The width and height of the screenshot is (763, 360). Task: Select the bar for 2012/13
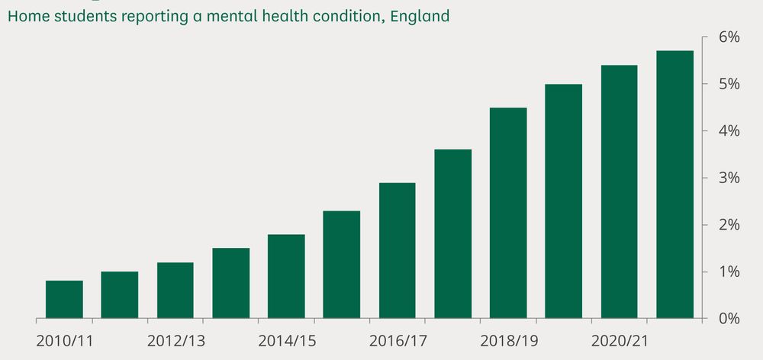click(x=175, y=290)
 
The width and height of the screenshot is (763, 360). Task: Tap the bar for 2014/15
click(x=286, y=276)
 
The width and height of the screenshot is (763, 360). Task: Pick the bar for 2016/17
click(x=397, y=250)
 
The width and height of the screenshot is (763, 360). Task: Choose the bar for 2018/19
click(x=508, y=213)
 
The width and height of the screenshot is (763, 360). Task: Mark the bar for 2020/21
click(x=619, y=191)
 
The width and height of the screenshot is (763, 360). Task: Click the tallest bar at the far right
click(x=674, y=185)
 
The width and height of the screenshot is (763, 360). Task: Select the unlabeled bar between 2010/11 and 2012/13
click(x=120, y=294)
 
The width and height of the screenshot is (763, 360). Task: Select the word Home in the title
click(x=27, y=15)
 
